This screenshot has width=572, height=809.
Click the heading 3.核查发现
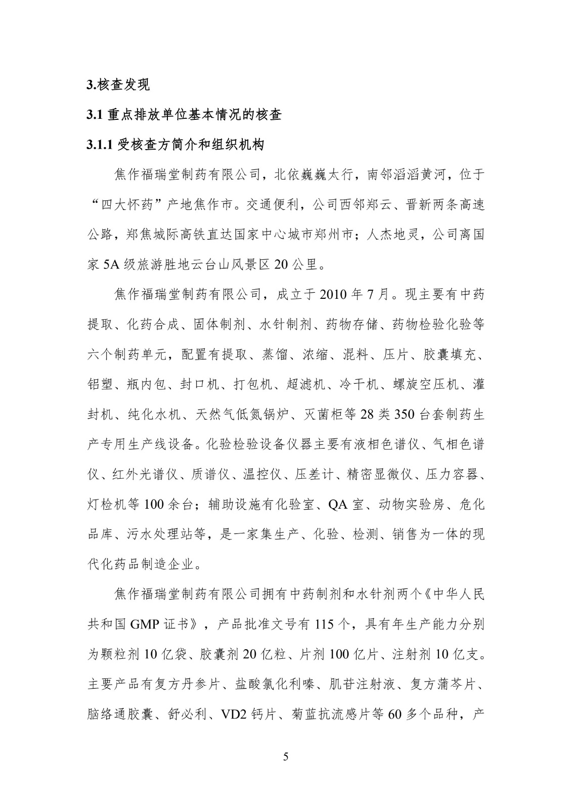[x=119, y=85]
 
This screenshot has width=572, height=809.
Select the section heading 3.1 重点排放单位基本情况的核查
[x=184, y=115]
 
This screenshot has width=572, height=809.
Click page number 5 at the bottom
[x=286, y=757]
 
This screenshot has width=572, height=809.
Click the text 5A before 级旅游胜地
[x=110, y=264]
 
